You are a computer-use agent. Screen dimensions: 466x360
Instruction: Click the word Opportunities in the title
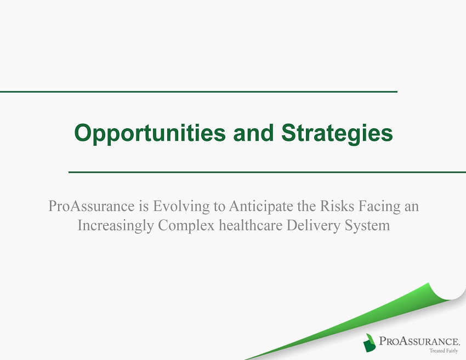click(x=150, y=133)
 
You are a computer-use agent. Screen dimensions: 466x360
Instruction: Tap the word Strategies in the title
click(x=337, y=133)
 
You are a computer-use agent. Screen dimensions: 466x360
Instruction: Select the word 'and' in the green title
click(x=253, y=133)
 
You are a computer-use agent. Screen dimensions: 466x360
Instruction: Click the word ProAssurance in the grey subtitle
click(x=91, y=206)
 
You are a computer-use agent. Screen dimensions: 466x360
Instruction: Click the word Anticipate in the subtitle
click(x=260, y=207)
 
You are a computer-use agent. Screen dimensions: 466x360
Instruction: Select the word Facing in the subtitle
click(x=379, y=207)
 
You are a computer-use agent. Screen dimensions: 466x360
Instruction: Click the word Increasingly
click(x=116, y=225)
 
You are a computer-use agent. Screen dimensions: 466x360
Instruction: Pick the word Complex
click(x=186, y=225)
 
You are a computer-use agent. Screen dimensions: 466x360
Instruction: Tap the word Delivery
click(x=313, y=225)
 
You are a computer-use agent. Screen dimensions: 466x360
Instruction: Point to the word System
click(x=367, y=225)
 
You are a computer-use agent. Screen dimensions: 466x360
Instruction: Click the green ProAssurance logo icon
click(x=369, y=342)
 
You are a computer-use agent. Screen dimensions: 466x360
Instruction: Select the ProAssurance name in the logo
click(x=419, y=341)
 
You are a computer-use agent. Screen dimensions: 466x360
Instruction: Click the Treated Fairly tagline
click(x=444, y=351)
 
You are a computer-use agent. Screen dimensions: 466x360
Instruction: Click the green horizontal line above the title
click(x=198, y=92)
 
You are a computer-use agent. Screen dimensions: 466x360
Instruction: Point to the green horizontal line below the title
click(x=267, y=172)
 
